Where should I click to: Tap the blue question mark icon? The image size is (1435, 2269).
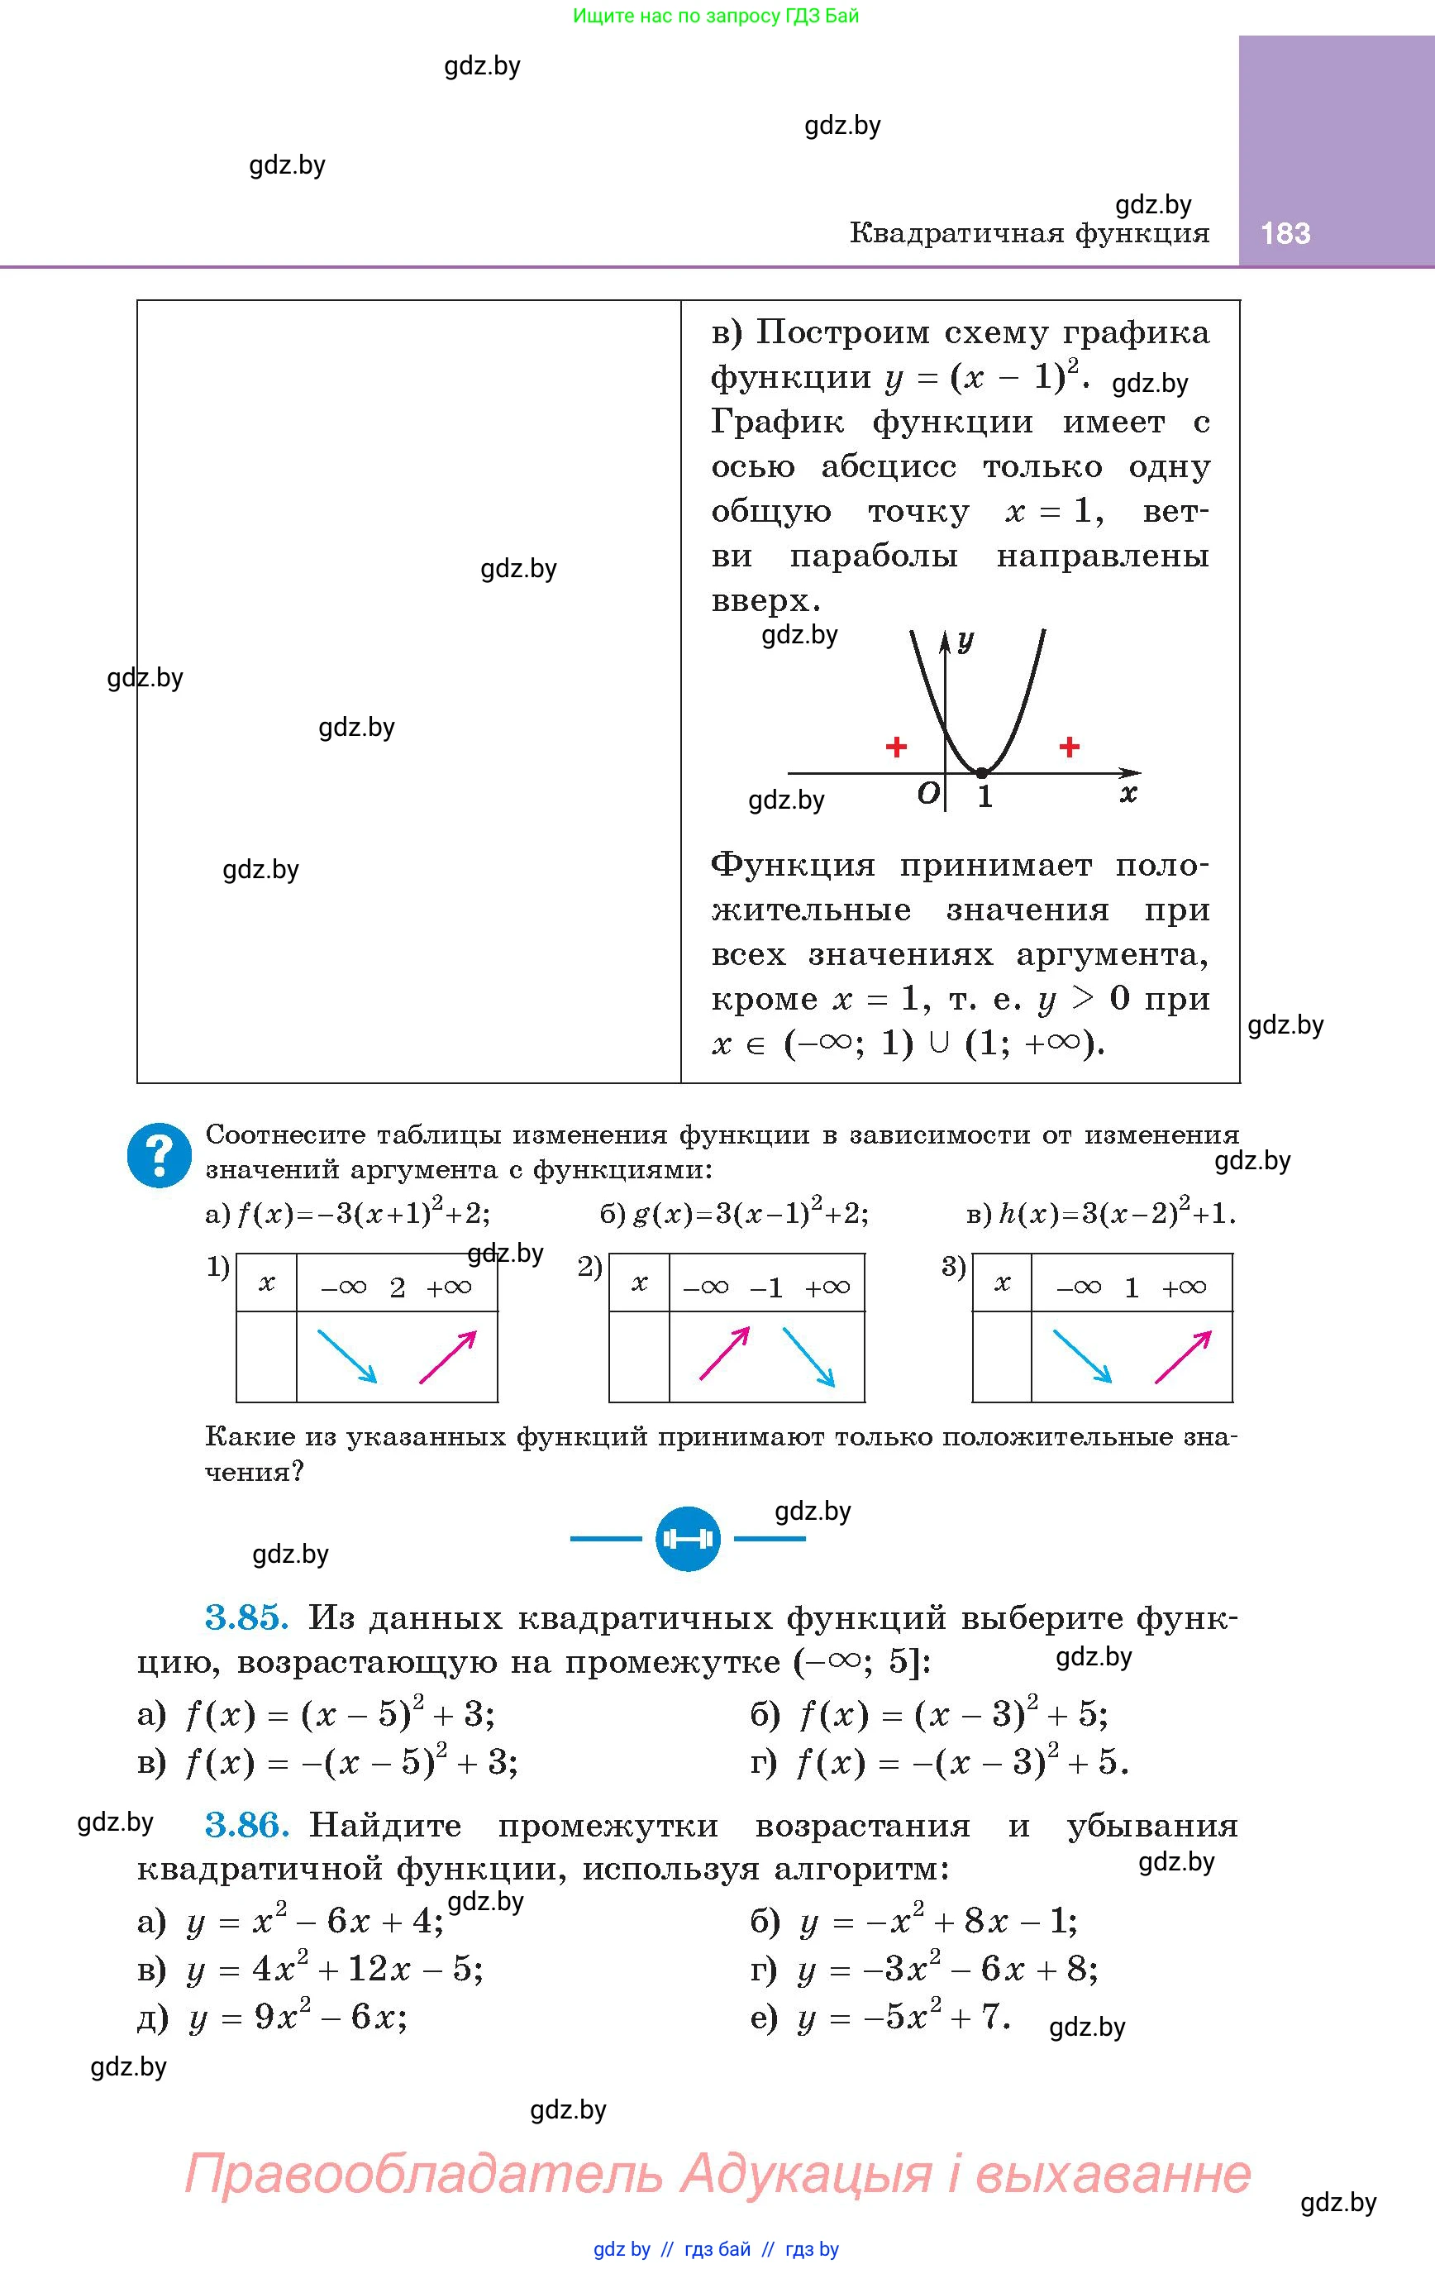click(x=160, y=1154)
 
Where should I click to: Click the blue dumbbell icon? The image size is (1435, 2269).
click(x=688, y=1539)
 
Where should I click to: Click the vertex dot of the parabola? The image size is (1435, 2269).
click(x=981, y=772)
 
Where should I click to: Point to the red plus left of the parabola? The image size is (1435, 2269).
click(x=896, y=748)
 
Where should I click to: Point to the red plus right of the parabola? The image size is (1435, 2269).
click(x=1069, y=748)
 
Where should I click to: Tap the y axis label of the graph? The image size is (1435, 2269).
click(x=965, y=641)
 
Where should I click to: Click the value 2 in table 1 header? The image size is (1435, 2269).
click(x=398, y=1288)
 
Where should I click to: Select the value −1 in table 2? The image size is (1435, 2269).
click(x=766, y=1288)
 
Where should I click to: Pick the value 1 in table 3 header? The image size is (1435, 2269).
click(x=1132, y=1288)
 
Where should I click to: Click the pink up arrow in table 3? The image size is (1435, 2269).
click(x=1183, y=1356)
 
